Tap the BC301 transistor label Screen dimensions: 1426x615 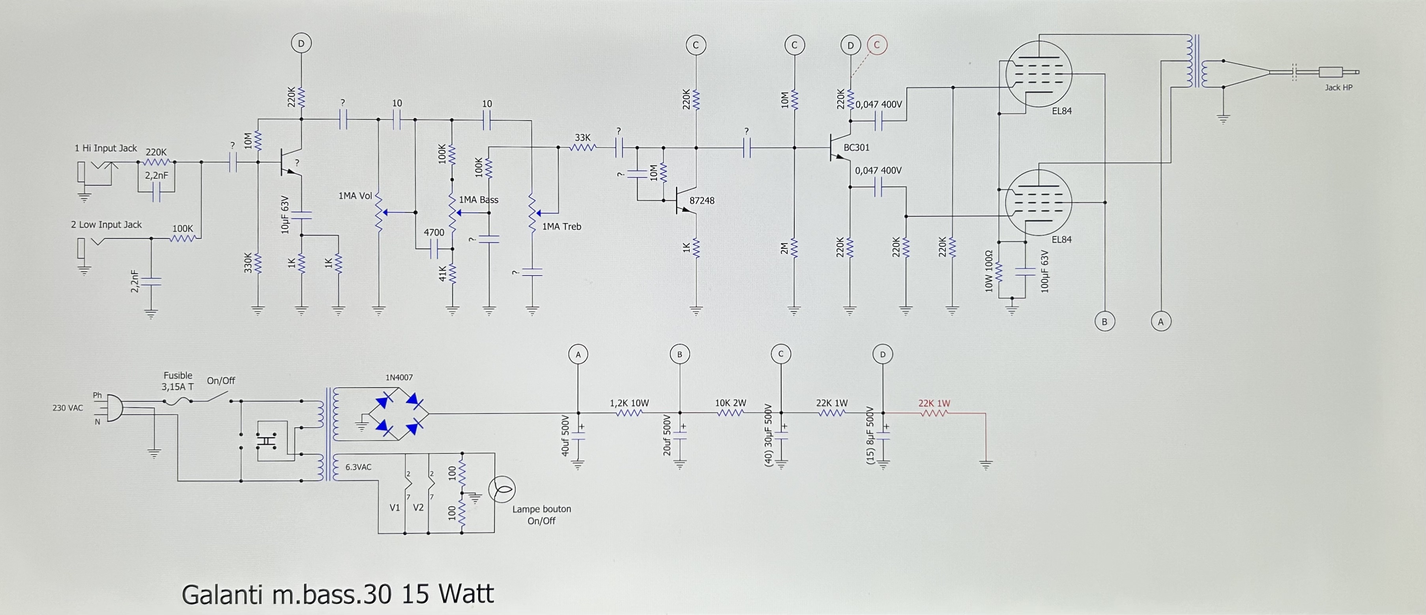[856, 148]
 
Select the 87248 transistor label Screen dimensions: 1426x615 [702, 201]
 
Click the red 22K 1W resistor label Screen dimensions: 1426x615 [934, 403]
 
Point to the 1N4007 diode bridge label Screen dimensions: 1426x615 [399, 378]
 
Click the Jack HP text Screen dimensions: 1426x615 [1338, 88]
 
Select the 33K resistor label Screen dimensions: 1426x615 [582, 138]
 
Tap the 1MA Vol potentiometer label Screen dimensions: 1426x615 [355, 196]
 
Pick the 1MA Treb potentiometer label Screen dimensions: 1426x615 [561, 226]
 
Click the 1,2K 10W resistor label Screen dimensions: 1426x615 [629, 403]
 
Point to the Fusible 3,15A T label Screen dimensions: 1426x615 [178, 381]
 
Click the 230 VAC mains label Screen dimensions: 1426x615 [67, 408]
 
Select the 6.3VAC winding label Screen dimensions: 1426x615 [358, 467]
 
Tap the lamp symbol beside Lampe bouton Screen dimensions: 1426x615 [502, 490]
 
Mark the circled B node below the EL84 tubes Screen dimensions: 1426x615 [1104, 321]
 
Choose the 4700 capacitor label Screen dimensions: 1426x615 [434, 232]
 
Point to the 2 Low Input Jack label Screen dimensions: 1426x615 [106, 225]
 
